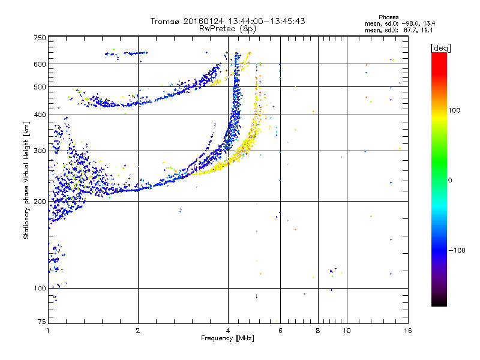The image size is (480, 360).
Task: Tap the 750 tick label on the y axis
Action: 39,38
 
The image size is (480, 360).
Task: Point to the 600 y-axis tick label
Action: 39,64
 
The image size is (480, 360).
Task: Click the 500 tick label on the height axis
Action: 39,87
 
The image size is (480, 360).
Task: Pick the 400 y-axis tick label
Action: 39,115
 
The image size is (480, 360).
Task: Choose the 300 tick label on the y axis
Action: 39,151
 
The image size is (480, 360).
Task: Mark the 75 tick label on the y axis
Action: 41,322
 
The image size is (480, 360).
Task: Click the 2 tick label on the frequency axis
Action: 138,331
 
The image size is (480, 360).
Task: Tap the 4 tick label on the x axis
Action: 228,331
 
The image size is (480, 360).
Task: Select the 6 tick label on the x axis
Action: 280,331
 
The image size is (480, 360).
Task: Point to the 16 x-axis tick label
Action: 407,331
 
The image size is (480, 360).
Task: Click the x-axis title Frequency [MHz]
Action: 227,339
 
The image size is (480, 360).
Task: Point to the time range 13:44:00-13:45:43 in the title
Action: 263,21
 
